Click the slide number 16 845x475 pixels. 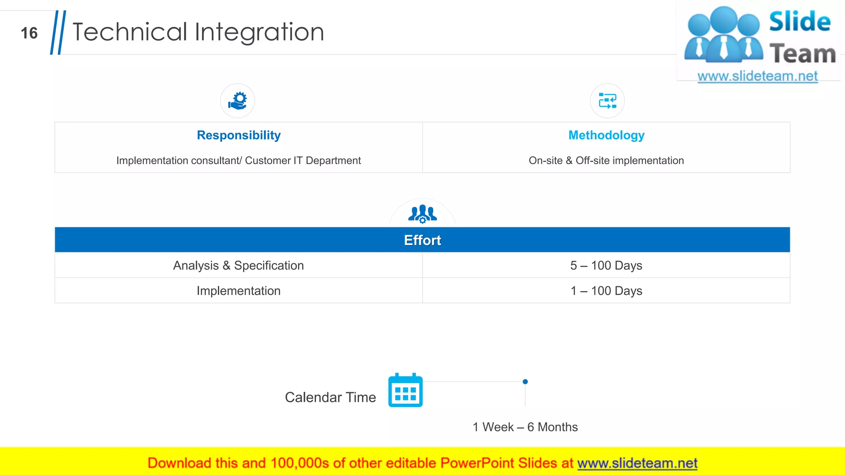29,33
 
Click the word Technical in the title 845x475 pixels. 130,32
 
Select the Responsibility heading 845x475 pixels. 238,135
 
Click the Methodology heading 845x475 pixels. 606,135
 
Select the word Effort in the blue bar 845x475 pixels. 422,240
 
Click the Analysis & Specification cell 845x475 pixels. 238,266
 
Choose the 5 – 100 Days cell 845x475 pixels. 606,266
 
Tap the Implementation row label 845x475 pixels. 238,291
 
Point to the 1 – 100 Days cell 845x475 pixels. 606,291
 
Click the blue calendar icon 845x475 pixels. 406,390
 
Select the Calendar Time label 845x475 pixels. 330,397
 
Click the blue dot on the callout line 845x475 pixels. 525,382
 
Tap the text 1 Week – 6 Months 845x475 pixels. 525,427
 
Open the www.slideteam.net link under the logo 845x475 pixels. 758,76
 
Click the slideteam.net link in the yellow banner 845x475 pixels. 637,463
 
